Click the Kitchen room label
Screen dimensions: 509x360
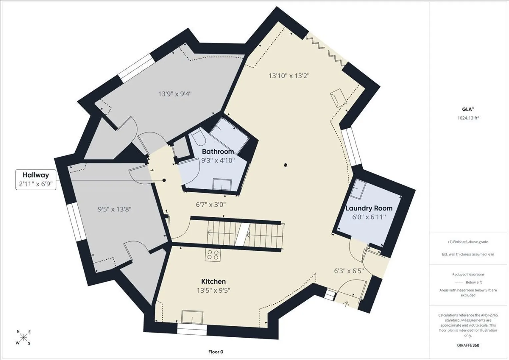[213, 281]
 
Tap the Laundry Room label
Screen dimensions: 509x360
[369, 208]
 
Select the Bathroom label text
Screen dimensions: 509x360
[218, 151]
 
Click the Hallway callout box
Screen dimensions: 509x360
[36, 180]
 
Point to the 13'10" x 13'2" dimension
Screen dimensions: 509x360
[289, 76]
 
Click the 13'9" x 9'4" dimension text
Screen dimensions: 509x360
[175, 94]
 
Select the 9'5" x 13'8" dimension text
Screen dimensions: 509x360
[115, 209]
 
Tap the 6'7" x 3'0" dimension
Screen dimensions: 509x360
[211, 205]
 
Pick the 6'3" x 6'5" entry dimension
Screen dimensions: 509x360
[349, 271]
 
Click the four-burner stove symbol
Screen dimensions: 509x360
[213, 255]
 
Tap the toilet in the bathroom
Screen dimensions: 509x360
[198, 137]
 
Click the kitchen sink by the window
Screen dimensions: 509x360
[192, 317]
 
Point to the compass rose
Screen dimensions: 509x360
[23, 337]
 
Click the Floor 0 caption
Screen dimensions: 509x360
[216, 352]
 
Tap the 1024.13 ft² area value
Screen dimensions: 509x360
[468, 118]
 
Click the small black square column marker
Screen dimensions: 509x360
[286, 165]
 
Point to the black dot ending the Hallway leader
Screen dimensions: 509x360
[164, 180]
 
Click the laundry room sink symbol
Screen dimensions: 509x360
[358, 189]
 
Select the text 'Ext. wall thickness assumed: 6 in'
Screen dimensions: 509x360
[468, 254]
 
